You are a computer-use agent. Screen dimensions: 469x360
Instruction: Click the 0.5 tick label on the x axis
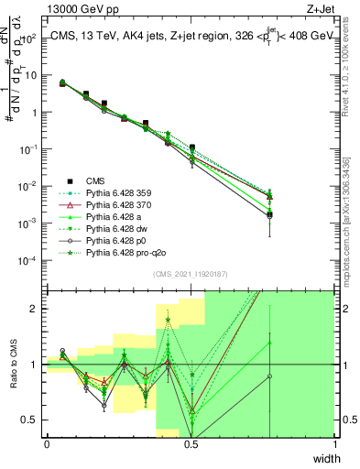(x=191, y=443)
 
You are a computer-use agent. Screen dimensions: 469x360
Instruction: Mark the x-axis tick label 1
(x=334, y=443)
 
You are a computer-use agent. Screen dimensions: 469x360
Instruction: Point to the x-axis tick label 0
(x=47, y=443)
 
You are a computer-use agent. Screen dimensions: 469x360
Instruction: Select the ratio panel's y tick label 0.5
(x=31, y=420)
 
